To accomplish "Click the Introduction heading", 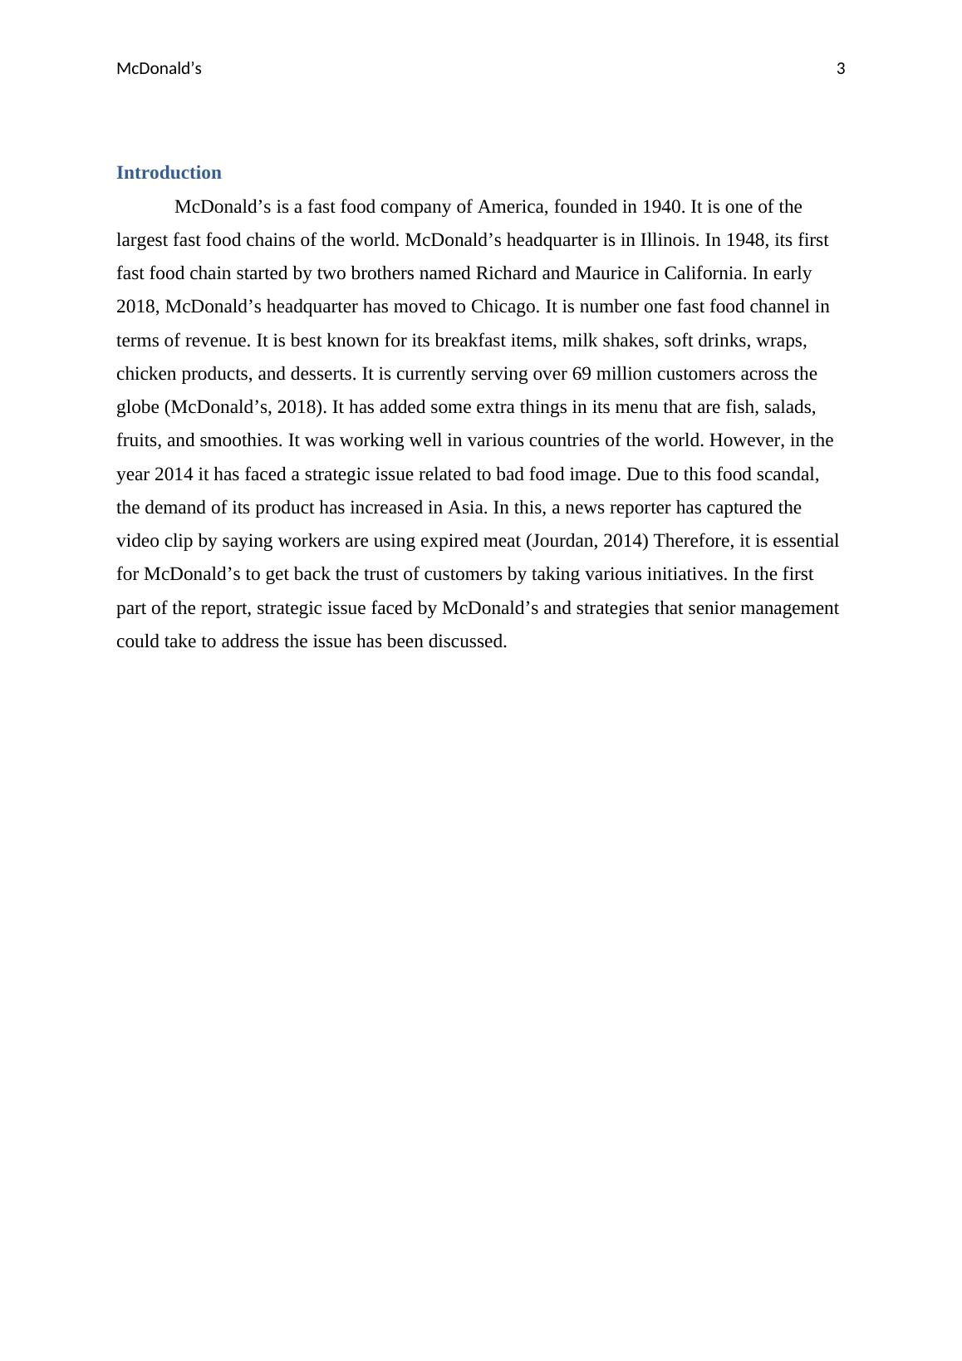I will [169, 173].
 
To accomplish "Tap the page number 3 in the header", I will [841, 69].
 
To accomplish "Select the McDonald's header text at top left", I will [159, 69].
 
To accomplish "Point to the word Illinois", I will [668, 240].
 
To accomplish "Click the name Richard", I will [506, 273].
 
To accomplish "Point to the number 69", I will [582, 374].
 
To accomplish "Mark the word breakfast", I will [475, 341].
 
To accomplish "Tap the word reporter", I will [637, 508].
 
